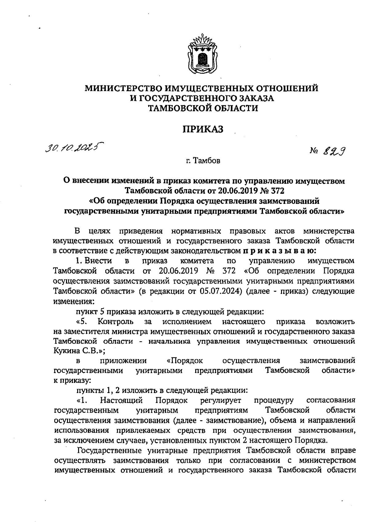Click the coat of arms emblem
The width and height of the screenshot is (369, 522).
pyautogui.click(x=202, y=55)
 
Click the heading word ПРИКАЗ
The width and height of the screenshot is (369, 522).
pyautogui.click(x=203, y=129)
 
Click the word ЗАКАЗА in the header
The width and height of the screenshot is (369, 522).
pyautogui.click(x=258, y=98)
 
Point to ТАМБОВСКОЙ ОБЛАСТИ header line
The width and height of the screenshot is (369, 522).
pyautogui.click(x=203, y=108)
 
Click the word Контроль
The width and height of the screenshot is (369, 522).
pyautogui.click(x=116, y=322)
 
